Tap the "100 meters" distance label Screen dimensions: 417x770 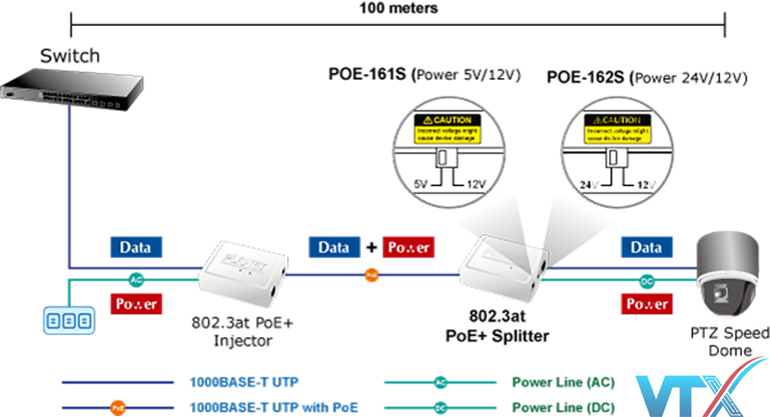[398, 9]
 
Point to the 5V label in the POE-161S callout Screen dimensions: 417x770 [419, 183]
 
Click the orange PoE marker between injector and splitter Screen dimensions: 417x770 [371, 275]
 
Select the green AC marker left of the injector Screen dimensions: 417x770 [138, 281]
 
